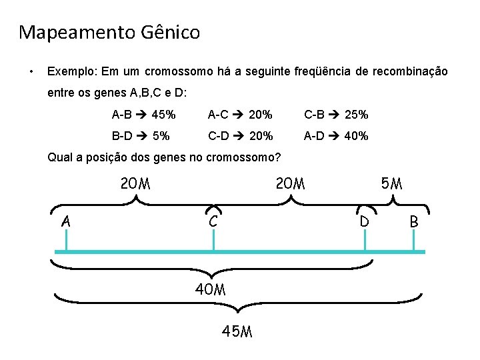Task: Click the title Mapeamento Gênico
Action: tap(109, 32)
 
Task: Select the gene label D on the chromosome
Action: tap(365, 221)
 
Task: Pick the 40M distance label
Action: tap(210, 290)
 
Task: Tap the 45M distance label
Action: tap(237, 331)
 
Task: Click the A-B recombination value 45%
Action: tap(164, 115)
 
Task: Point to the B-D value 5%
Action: tap(161, 136)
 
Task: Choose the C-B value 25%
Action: tap(357, 115)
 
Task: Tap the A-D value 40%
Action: tap(357, 136)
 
